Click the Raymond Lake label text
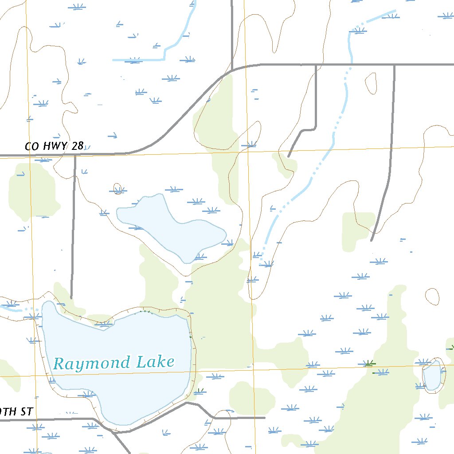pos(113,363)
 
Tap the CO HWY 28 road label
pos(54,146)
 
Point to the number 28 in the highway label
pos(77,146)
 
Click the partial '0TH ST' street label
pos(16,411)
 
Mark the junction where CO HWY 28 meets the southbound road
pos(75,155)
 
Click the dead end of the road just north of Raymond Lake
pos(71,298)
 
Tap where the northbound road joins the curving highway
pos(232,70)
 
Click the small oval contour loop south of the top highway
pos(371,83)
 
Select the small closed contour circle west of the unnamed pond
pos(117,189)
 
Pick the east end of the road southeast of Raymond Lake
pos(265,417)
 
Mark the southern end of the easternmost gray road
pos(372,240)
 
